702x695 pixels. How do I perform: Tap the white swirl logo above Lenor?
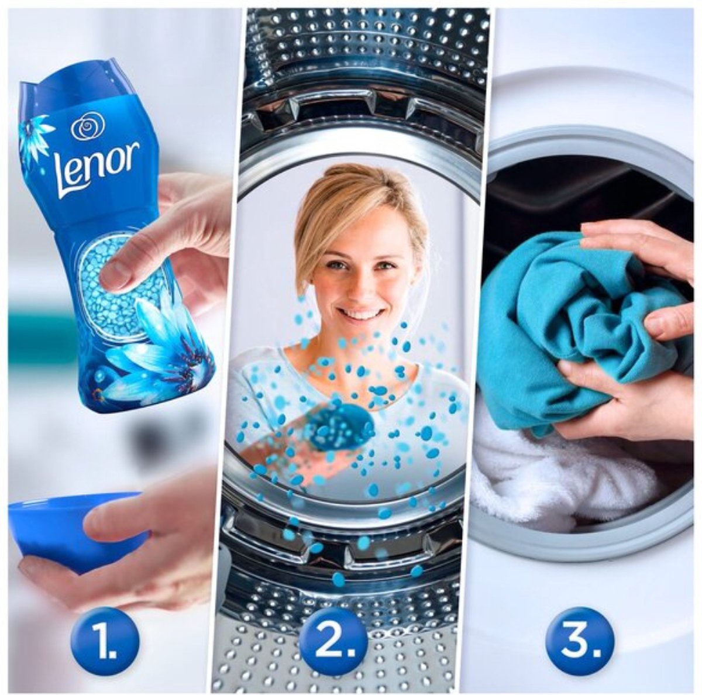tap(88, 125)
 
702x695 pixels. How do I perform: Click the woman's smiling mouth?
tap(357, 314)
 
